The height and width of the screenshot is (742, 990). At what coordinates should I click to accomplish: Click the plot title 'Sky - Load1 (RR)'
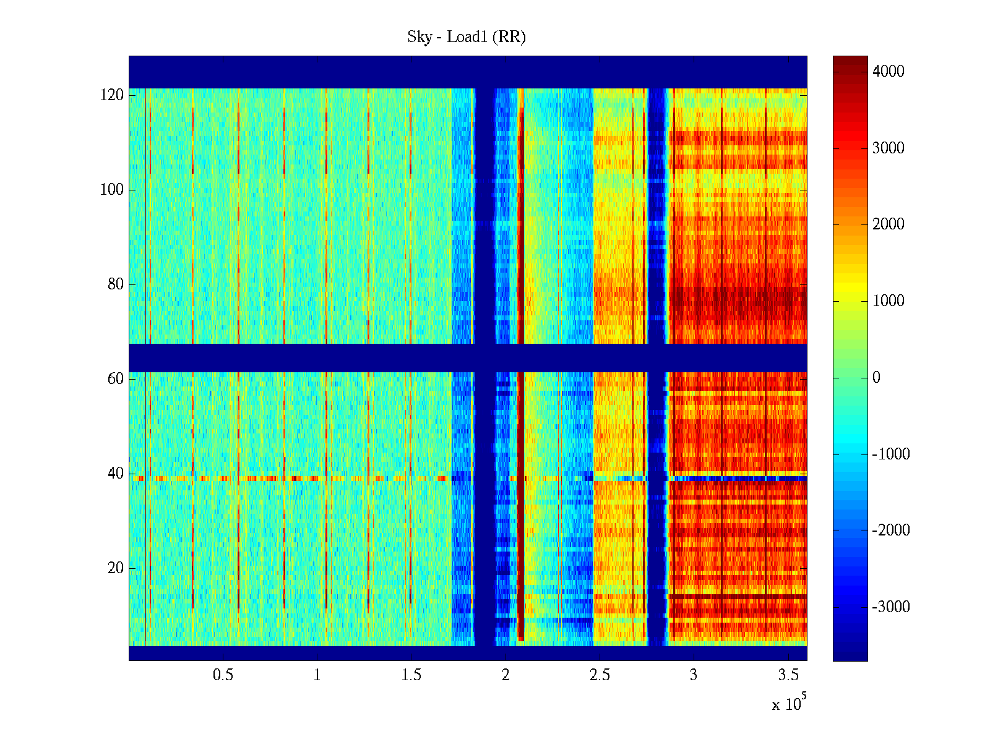point(467,37)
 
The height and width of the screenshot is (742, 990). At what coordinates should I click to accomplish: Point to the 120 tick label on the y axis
point(112,95)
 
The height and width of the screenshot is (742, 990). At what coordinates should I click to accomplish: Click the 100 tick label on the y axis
point(112,190)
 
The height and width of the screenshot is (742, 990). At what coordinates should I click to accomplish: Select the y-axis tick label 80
point(116,284)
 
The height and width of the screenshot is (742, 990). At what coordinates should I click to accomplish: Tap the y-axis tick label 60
point(116,379)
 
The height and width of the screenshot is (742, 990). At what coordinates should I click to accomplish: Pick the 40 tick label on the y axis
point(116,474)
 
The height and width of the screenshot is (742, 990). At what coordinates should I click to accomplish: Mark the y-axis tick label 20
point(116,568)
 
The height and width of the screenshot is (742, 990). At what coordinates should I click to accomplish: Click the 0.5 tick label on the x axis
point(223,675)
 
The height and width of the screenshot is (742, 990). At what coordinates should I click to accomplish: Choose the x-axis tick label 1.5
point(411,675)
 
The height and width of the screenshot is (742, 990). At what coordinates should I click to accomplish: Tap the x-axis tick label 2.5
point(600,675)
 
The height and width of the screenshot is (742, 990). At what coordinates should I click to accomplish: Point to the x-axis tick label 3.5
point(788,675)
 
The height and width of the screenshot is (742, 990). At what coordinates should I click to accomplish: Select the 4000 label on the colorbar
point(889,72)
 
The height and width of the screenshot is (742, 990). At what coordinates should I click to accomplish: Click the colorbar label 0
point(876,378)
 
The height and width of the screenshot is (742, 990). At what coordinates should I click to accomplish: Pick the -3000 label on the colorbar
point(891,607)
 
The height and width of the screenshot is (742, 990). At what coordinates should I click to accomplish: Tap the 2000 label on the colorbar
point(889,224)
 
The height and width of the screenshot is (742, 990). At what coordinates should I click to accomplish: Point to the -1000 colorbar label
point(891,454)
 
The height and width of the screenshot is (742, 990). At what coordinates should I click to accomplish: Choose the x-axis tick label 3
point(694,675)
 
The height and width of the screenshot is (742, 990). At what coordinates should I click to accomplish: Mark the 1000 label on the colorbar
point(889,301)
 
